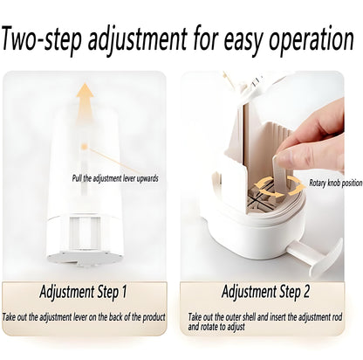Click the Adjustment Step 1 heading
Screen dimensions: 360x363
[x=84, y=291]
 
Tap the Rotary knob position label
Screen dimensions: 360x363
[x=332, y=183]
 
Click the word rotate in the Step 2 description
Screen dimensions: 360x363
[x=209, y=327]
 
